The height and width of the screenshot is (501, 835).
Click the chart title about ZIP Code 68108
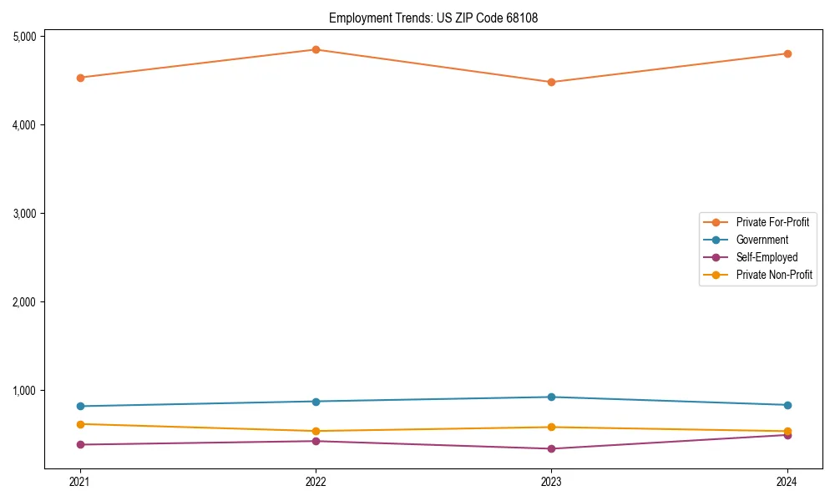click(428, 18)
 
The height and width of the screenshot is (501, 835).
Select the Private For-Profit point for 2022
click(316, 49)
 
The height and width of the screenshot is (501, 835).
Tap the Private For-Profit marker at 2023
click(551, 82)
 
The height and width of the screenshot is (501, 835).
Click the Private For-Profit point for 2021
click(80, 78)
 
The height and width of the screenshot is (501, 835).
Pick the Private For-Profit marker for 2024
click(787, 53)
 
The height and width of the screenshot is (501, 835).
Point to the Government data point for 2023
click(551, 397)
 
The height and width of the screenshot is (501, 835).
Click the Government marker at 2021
click(80, 406)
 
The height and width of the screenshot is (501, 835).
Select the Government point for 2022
click(316, 401)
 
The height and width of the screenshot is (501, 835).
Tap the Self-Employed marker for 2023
click(551, 448)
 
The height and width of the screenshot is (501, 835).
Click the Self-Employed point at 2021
click(80, 444)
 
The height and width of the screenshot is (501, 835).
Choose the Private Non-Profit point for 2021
click(80, 424)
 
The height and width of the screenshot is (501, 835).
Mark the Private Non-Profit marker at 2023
click(551, 427)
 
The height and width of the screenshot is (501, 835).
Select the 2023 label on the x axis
click(551, 482)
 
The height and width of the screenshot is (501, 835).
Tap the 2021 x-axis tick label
click(80, 482)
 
